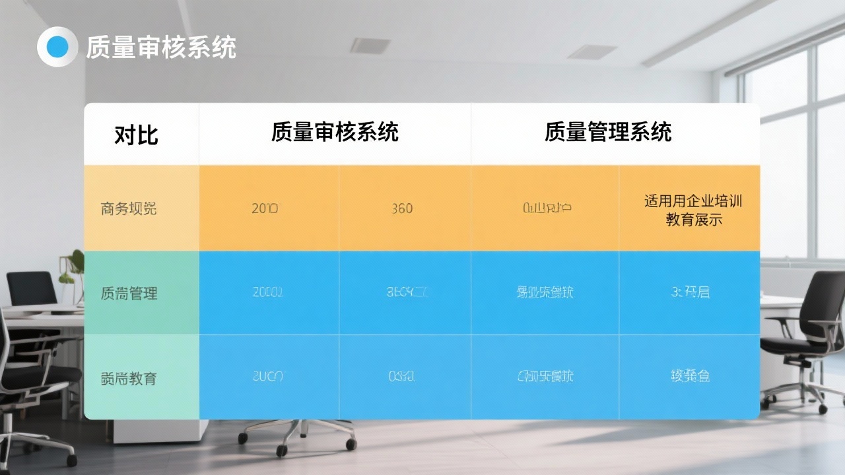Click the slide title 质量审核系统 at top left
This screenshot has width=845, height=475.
click(160, 47)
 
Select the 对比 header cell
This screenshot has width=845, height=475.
click(137, 135)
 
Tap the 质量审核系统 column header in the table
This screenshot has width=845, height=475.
click(335, 132)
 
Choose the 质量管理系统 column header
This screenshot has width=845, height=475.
click(608, 132)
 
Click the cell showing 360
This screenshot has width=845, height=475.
click(401, 208)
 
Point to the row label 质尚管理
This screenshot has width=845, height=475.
click(129, 293)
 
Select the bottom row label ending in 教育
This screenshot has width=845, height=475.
click(129, 378)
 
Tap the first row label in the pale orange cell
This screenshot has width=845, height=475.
click(129, 208)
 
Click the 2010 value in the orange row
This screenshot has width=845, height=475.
click(265, 208)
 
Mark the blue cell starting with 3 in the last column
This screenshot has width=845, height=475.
click(690, 292)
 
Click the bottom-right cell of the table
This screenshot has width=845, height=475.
click(690, 377)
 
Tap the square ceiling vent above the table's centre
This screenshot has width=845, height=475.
click(370, 46)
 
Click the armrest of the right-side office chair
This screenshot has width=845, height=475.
click(789, 321)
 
